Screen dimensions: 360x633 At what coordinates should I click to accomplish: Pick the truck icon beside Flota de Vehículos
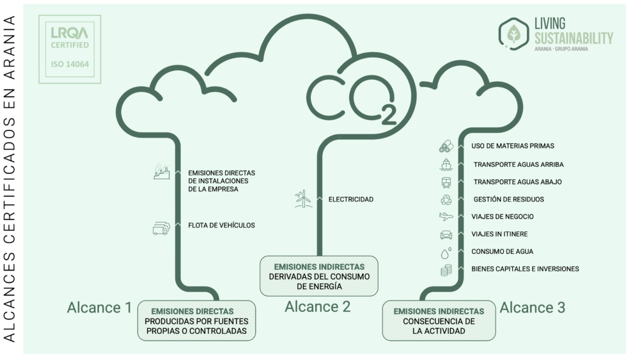[161, 228]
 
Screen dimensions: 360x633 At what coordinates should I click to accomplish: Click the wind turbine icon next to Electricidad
[302, 199]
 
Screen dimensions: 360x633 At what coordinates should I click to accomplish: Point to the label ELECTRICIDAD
[350, 200]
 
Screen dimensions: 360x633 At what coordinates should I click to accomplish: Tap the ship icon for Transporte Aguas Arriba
[446, 164]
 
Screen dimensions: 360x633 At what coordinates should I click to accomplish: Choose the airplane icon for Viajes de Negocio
[446, 216]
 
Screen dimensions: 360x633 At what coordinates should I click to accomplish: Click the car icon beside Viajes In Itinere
[446, 234]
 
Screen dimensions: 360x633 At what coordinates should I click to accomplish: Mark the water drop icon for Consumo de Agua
[446, 252]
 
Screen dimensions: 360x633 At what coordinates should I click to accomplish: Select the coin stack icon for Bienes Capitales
[446, 270]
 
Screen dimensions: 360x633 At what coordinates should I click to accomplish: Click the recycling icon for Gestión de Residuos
[446, 199]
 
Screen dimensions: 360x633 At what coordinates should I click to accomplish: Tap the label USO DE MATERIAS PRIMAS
[513, 146]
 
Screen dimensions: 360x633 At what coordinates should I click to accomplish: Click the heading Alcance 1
[99, 308]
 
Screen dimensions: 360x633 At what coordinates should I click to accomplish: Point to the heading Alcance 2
[318, 306]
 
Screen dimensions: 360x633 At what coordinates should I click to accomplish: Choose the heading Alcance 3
[532, 308]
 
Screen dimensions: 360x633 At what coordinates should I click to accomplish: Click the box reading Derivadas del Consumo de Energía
[318, 276]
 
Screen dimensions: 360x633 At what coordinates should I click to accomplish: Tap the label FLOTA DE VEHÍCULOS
[221, 225]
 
